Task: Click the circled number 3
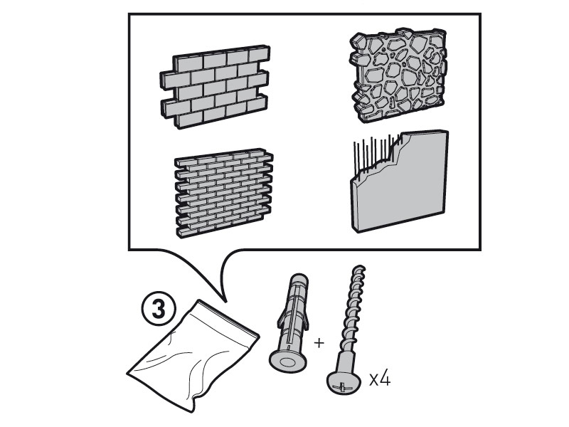158,310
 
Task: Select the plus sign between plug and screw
319,342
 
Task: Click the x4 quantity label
380,379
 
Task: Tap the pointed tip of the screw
359,269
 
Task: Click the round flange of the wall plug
287,361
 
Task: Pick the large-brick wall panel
215,86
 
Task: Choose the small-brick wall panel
223,192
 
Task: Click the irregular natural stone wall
398,75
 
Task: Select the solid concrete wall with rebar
399,181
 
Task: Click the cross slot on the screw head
342,387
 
